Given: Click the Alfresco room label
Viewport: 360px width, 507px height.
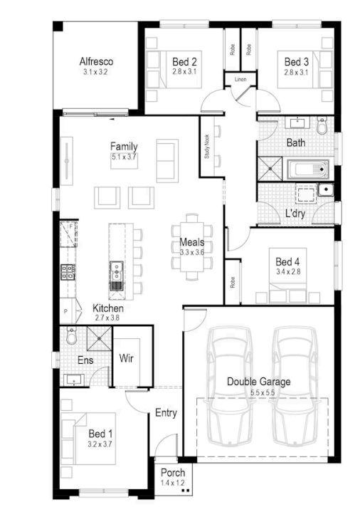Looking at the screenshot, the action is tap(96, 61).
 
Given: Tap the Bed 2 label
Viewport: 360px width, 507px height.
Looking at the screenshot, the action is tap(184, 61).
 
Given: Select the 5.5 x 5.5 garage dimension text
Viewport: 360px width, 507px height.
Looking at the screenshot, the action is tap(263, 392).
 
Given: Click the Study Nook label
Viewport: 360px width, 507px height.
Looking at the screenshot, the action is tap(207, 147).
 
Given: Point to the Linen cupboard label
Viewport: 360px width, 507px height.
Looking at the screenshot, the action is tap(240, 79).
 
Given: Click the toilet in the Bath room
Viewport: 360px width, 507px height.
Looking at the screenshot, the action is tap(322, 125).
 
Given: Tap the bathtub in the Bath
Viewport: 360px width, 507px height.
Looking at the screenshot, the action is tap(308, 169).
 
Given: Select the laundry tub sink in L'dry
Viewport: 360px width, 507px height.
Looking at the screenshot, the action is tap(325, 190).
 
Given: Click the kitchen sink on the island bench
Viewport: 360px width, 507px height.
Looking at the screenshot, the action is tap(116, 271).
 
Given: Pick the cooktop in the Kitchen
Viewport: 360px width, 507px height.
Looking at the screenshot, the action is tap(68, 272).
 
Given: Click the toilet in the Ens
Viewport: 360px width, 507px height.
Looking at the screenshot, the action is tap(71, 335).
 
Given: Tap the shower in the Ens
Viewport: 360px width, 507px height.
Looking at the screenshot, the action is tap(99, 338).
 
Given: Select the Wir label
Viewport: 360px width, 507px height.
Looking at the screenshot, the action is tap(126, 358).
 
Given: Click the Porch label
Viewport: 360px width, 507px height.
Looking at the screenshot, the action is tap(173, 472).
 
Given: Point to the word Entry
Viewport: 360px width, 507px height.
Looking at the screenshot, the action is tap(166, 412).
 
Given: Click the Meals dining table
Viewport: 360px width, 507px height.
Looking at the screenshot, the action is tap(192, 246).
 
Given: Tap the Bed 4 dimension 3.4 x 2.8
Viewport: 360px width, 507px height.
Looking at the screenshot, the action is tap(288, 271).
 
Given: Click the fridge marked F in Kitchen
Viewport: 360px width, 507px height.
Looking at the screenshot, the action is tap(68, 234).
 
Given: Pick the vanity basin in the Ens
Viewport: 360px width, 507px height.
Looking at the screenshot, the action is tap(74, 380).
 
